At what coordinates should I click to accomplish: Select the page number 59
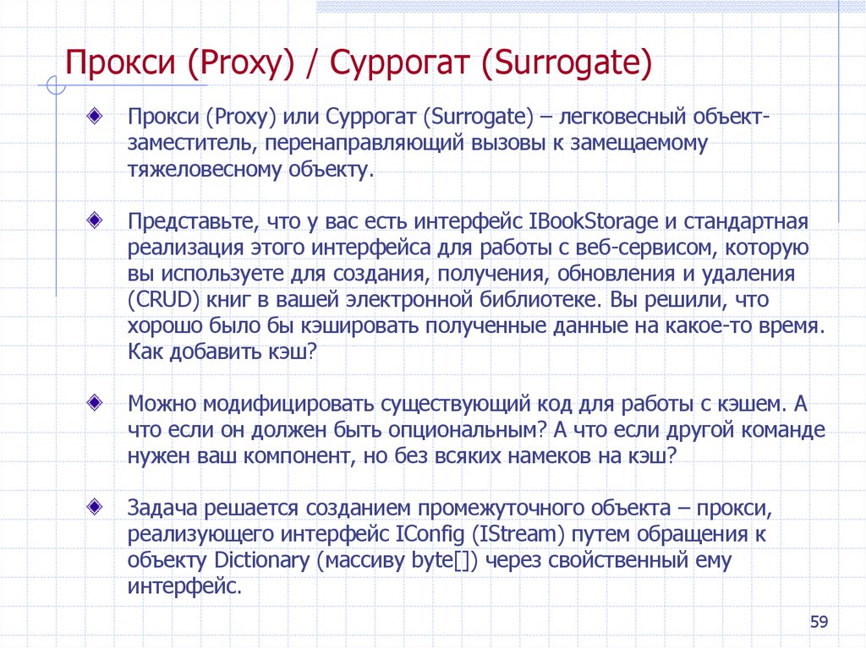tap(819, 623)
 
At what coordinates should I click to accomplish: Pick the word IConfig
tap(430, 535)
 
